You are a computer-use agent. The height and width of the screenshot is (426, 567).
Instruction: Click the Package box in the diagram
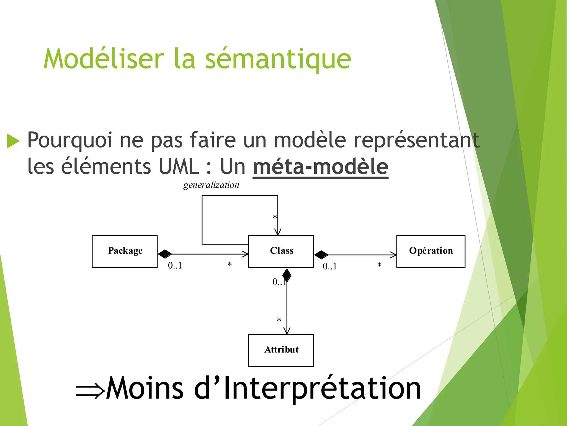click(125, 252)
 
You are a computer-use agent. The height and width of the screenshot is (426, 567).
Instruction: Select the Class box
click(281, 252)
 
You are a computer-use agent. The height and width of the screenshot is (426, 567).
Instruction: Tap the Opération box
click(431, 252)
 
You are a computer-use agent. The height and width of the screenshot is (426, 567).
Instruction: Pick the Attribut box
click(281, 350)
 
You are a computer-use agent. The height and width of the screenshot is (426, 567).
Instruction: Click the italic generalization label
click(211, 185)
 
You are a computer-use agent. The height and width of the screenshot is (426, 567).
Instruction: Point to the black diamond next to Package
click(165, 254)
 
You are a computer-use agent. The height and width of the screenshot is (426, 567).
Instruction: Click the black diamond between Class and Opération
click(321, 254)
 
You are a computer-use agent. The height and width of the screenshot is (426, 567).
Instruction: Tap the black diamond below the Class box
click(287, 275)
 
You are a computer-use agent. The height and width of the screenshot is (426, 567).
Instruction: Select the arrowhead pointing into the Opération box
click(393, 255)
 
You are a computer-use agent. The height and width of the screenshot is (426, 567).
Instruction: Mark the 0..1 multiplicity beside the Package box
click(175, 266)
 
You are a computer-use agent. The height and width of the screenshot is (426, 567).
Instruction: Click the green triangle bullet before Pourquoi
click(13, 141)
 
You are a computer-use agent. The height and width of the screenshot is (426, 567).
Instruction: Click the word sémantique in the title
click(278, 59)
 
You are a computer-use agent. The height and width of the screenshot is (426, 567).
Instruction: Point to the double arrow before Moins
click(90, 391)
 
